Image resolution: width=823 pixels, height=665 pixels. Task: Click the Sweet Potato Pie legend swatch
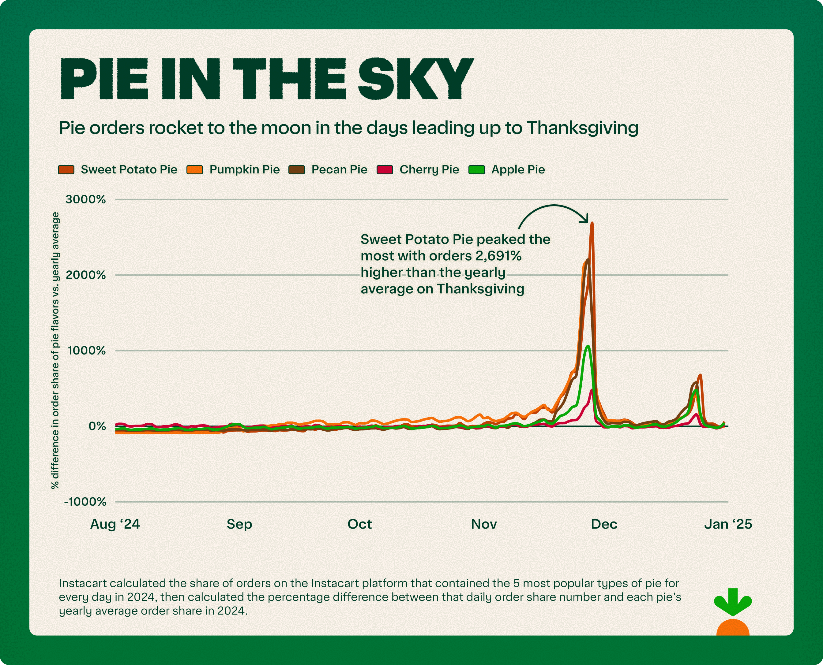66,170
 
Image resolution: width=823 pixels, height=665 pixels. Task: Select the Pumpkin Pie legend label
244,170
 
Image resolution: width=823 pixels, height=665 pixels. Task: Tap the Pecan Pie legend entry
339,170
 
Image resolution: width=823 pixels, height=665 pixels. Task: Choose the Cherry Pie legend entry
429,170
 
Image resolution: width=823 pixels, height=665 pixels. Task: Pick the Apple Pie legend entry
517,170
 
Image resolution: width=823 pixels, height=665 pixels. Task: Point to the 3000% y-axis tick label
85,199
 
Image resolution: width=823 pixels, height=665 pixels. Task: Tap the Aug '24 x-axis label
115,524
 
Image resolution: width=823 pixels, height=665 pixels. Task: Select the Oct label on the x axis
359,524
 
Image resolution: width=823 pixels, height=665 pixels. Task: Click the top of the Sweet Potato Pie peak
592,223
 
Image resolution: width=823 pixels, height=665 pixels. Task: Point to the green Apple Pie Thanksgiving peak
588,346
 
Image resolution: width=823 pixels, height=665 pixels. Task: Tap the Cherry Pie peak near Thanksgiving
592,390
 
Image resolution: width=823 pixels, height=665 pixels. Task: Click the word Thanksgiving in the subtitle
582,128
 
